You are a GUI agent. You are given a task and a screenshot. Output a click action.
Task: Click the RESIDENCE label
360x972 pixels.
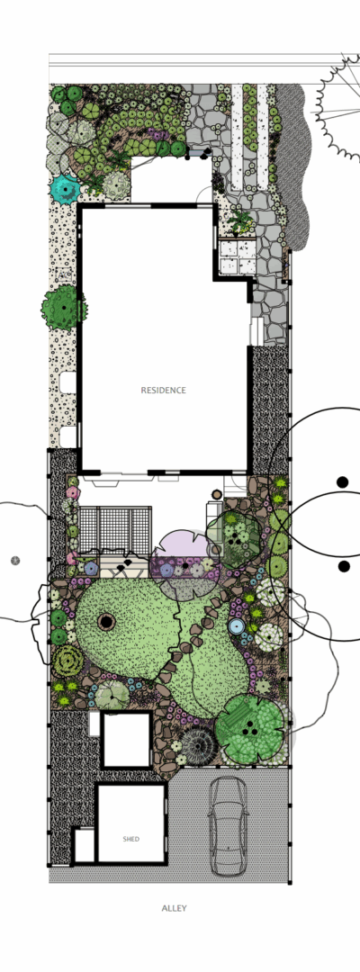(163, 391)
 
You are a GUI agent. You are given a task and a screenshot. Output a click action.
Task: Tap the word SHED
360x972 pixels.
(130, 839)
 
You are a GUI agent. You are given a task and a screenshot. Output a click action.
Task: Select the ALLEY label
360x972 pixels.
(174, 908)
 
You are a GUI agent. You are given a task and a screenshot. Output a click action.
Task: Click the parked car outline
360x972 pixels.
(228, 826)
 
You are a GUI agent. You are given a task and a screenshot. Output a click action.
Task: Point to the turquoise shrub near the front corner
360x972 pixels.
(65, 187)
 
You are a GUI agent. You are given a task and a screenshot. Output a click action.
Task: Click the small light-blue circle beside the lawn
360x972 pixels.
(236, 626)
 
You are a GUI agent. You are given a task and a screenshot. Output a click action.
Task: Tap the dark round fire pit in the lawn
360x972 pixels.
(106, 620)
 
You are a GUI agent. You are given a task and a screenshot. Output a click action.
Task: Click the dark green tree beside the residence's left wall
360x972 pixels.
(63, 307)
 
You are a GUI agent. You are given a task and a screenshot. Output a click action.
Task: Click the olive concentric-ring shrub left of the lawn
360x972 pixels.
(67, 661)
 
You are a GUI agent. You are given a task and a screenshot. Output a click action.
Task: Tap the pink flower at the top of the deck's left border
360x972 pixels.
(73, 493)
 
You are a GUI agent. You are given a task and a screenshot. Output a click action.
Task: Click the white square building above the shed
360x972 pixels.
(126, 741)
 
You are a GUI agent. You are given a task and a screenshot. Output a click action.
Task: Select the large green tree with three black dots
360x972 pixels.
(250, 728)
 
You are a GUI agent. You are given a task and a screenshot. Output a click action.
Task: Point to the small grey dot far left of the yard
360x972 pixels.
(15, 561)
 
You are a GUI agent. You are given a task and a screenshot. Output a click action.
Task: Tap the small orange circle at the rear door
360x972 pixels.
(217, 495)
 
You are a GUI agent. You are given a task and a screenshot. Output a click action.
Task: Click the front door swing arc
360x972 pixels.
(204, 193)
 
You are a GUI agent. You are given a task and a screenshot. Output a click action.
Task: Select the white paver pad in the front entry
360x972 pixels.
(238, 257)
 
